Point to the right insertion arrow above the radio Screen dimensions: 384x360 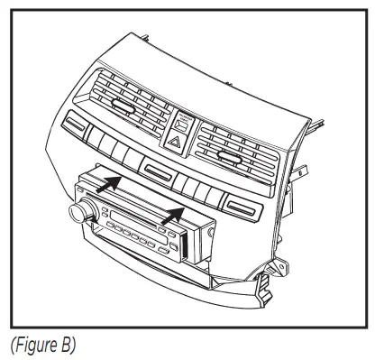pyautogui.click(x=169, y=217)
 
